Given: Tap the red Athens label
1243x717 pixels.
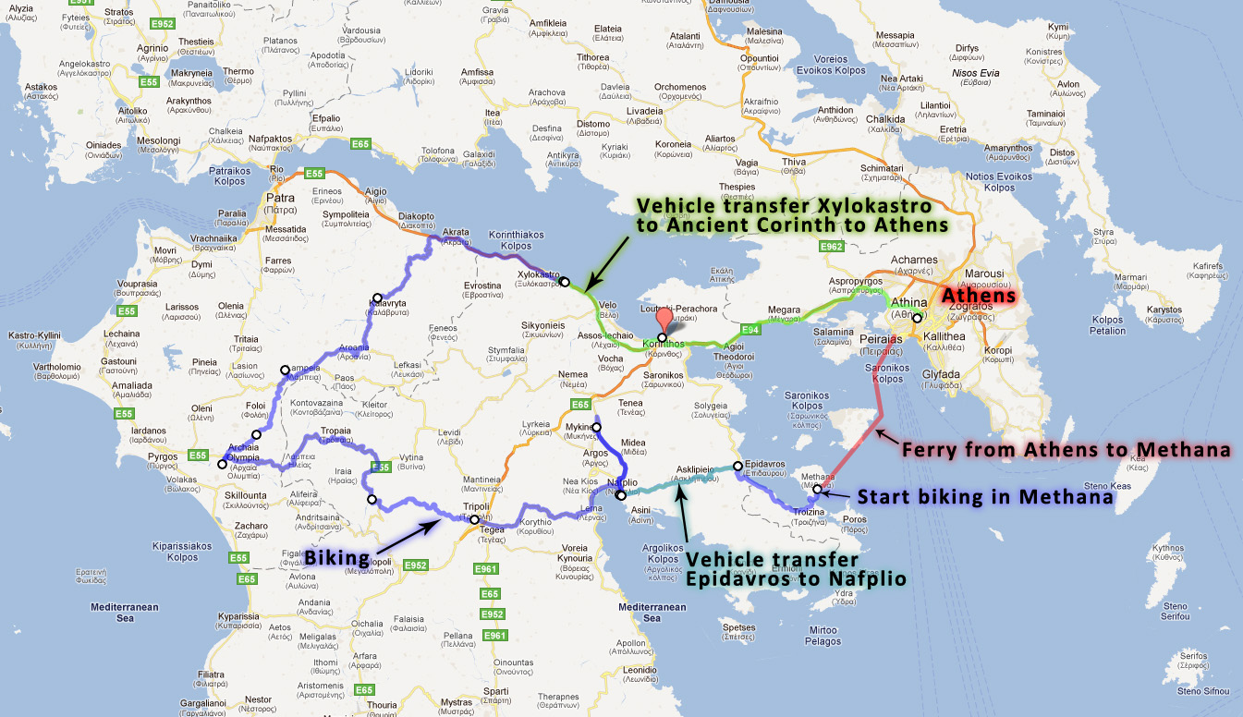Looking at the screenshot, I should (978, 297).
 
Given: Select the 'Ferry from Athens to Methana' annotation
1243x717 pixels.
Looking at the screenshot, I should (1066, 450).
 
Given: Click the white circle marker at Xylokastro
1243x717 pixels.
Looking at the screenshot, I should (565, 282).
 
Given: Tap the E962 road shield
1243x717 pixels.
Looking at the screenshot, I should (831, 247).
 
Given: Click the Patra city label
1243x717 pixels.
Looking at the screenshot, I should (280, 198).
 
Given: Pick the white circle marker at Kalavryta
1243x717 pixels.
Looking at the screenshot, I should (377, 298).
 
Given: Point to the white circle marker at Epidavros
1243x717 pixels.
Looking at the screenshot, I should (737, 467).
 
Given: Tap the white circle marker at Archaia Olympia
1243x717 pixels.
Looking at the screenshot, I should (222, 464).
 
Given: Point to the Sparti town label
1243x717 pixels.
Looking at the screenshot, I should (496, 689).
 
